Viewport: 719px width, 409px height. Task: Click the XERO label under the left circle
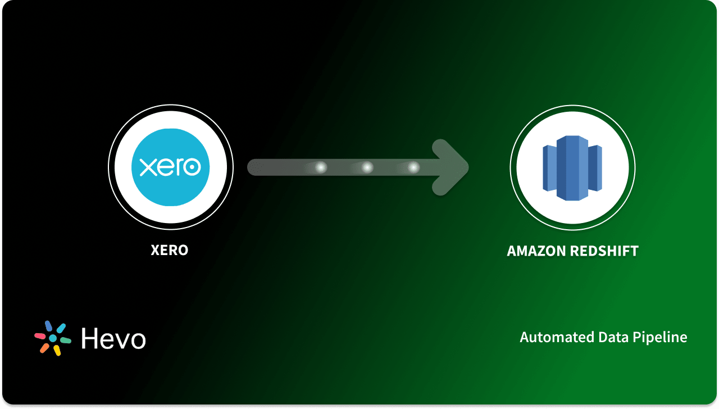click(170, 250)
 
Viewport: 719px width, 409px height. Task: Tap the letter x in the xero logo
click(146, 167)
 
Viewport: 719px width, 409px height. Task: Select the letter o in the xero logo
click(193, 167)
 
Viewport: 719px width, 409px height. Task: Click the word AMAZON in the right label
click(536, 251)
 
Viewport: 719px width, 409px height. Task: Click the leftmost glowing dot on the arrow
click(320, 167)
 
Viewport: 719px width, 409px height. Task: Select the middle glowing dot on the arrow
click(367, 167)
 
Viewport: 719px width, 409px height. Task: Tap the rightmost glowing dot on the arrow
click(413, 167)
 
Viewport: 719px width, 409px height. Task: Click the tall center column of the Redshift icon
click(572, 167)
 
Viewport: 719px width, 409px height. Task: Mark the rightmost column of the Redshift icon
click(595, 167)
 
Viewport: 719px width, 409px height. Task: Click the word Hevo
click(113, 339)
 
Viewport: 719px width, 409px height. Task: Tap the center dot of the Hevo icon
click(53, 339)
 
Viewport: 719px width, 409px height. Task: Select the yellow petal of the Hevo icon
click(57, 350)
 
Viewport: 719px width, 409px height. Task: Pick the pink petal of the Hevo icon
click(40, 336)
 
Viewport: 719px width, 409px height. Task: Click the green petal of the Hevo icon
click(65, 340)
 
